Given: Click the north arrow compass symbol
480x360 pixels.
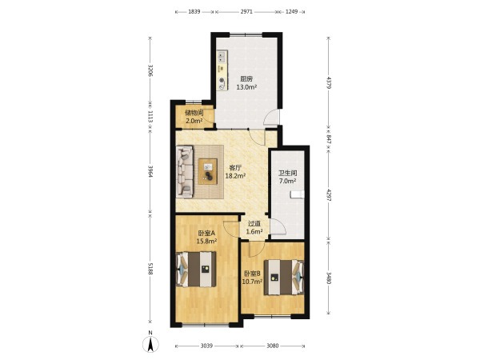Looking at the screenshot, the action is [150, 344].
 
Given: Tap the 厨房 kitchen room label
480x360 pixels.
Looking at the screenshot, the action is [246, 79].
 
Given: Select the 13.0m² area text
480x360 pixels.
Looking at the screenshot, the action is [246, 87].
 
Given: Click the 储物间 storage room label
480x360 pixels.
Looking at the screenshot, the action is [194, 113].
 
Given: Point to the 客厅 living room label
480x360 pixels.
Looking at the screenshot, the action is [236, 168].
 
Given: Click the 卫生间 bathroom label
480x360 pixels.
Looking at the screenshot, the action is [287, 173].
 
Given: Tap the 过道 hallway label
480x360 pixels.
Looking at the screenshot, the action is [254, 224].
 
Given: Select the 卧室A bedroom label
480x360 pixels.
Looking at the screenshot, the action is [206, 233].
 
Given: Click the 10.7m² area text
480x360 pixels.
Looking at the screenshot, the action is [252, 282].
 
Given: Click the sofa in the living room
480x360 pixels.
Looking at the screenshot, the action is [185, 171].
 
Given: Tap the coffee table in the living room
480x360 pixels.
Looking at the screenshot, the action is [208, 171].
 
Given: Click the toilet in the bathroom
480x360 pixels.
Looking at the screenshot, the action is [297, 194].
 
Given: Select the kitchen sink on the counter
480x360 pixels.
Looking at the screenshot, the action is [222, 57].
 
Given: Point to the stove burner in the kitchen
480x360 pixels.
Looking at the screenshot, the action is [222, 82].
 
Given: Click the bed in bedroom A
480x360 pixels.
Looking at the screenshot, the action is [196, 270].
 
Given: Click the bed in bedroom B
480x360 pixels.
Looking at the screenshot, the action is [284, 278].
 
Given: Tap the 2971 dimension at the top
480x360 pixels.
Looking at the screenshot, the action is [246, 12].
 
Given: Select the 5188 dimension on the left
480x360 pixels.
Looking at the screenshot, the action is [150, 269].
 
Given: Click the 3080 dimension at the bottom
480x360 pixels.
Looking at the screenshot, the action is [273, 346].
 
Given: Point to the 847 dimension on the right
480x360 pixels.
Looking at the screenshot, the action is [329, 139].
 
